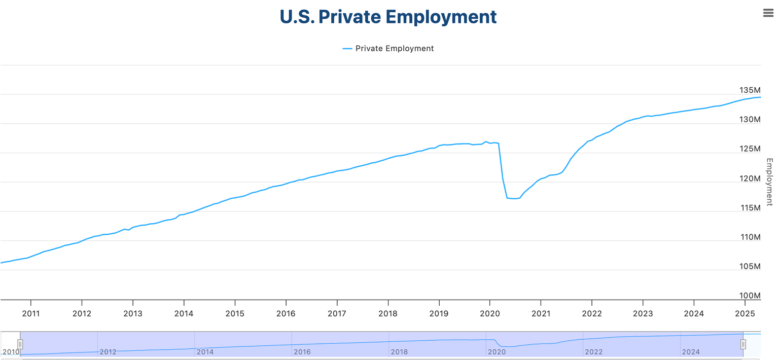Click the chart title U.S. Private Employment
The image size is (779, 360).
388,17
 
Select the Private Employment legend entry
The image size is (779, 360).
388,49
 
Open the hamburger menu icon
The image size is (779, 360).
768,13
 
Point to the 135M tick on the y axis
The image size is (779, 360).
750,90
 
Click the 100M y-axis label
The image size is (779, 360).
750,296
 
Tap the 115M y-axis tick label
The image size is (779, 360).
750,208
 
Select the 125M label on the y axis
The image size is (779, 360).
750,149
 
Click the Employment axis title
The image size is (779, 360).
769,182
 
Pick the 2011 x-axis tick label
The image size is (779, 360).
31,313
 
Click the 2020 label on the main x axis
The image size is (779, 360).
489,313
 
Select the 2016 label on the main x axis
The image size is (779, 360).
286,313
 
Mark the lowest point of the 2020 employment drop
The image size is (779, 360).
514,198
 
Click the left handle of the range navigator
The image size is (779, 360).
20,344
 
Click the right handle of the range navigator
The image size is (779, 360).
743,344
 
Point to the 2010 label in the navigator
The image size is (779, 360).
10,352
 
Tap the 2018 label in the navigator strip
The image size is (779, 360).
399,352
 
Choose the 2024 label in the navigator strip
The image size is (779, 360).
691,352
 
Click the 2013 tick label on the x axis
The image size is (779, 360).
133,313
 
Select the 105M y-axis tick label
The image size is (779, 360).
750,267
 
